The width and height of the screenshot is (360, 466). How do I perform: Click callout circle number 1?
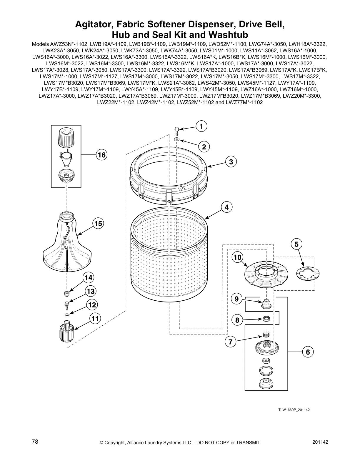(201, 127)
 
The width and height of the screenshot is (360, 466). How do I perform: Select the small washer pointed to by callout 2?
(176, 139)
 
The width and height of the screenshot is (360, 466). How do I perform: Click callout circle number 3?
(231, 162)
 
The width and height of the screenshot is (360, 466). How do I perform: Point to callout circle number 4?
(227, 207)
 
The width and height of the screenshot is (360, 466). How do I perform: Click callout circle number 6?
(308, 352)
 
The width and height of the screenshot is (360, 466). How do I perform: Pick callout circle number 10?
(238, 257)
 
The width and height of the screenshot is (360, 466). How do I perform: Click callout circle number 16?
(101, 155)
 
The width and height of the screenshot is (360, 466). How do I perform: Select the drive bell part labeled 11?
(66, 331)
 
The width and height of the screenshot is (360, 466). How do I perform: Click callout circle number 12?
(92, 305)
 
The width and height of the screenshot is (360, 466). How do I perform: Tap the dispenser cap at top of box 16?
(66, 137)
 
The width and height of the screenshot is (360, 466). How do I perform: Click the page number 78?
(35, 442)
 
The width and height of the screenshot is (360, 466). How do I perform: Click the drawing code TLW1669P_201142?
(294, 410)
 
